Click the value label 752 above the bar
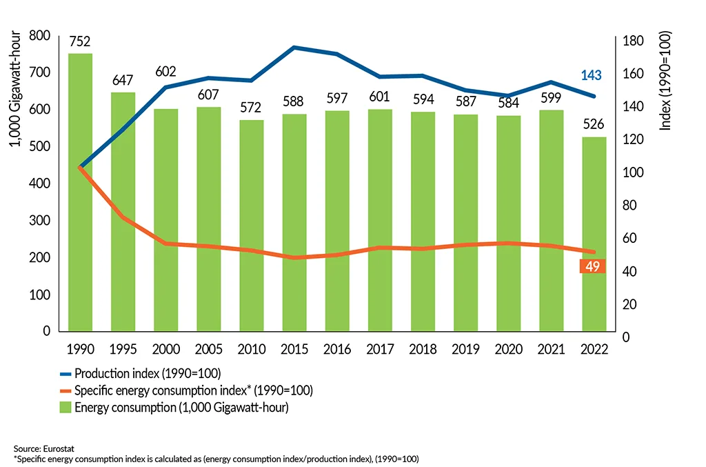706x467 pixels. click(x=80, y=41)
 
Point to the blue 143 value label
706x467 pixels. click(x=595, y=75)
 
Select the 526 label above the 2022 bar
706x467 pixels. click(x=594, y=125)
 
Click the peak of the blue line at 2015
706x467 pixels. click(x=294, y=48)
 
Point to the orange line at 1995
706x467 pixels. click(x=123, y=217)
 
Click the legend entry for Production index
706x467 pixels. click(x=139, y=374)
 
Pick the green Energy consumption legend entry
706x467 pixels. click(x=172, y=407)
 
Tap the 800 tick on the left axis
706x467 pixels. click(x=41, y=35)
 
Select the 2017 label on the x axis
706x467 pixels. click(x=380, y=349)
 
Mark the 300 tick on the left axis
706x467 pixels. click(x=41, y=221)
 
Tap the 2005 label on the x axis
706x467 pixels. click(x=209, y=349)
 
